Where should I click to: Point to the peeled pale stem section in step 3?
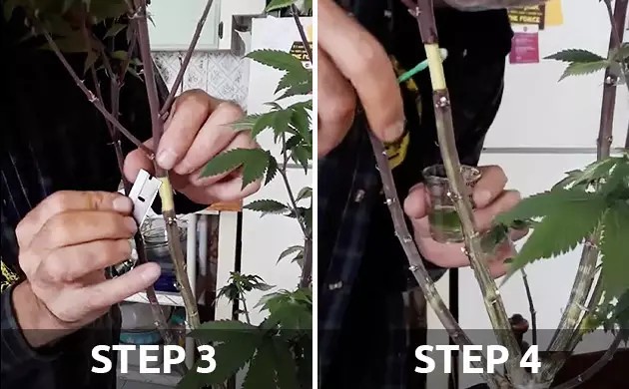point(167,195)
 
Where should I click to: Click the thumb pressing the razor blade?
point(115,204)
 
